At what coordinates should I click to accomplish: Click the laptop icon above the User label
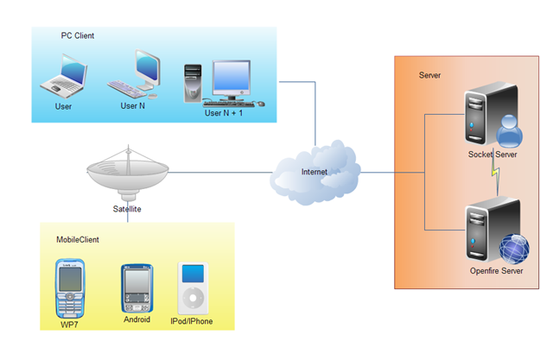(x=64, y=76)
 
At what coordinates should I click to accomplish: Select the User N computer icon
(x=134, y=74)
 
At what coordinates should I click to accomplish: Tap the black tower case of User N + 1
(x=193, y=83)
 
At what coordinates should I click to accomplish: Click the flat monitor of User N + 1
(x=232, y=80)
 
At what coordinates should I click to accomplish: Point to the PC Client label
(x=78, y=35)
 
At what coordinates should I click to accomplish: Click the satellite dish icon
(x=128, y=173)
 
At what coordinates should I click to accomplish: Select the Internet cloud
(x=315, y=173)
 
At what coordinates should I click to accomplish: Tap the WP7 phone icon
(x=70, y=288)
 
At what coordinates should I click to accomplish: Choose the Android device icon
(x=137, y=288)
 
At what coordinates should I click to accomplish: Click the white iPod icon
(x=193, y=288)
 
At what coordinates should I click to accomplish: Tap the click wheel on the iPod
(x=193, y=299)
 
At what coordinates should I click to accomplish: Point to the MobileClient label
(x=78, y=239)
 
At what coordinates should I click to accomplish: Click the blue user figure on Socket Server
(x=509, y=131)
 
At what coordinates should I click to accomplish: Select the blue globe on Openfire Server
(x=514, y=249)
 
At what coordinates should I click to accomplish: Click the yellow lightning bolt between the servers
(x=496, y=176)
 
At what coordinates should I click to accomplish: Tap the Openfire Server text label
(x=496, y=271)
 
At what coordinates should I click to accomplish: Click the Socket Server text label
(x=493, y=155)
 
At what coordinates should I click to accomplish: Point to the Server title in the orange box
(x=429, y=75)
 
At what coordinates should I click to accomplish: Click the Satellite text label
(x=127, y=209)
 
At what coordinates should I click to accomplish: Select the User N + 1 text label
(x=224, y=113)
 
